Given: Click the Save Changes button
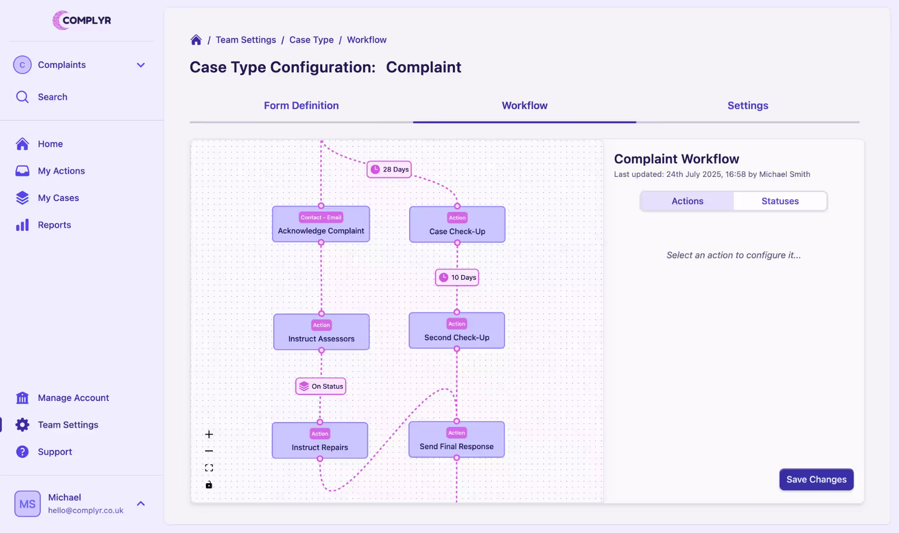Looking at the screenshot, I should [x=816, y=479].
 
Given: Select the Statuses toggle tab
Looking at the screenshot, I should [x=780, y=201].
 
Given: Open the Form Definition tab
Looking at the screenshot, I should [x=301, y=105].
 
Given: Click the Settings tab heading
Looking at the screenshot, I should [x=748, y=105].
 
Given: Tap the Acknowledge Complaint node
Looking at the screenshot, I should [x=321, y=225].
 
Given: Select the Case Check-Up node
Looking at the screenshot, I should [x=457, y=225].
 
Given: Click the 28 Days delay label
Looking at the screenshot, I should [x=389, y=169].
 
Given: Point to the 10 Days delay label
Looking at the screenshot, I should [x=457, y=277].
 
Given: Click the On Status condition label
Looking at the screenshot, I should [x=321, y=386].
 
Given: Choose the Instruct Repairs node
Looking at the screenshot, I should [x=320, y=441].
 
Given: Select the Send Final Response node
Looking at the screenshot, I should [x=456, y=440].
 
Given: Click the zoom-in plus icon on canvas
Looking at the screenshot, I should [x=209, y=434].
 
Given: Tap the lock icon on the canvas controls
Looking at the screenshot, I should [x=209, y=485].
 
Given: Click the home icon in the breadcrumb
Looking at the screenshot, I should [x=196, y=40].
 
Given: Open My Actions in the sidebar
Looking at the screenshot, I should [x=61, y=171].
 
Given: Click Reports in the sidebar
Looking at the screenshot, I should [x=54, y=225].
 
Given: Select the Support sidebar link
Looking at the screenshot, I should [x=55, y=452].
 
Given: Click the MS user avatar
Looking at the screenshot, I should [x=28, y=503].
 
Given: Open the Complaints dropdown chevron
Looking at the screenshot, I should [x=141, y=65].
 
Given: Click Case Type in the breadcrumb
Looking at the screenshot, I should [x=311, y=40].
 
